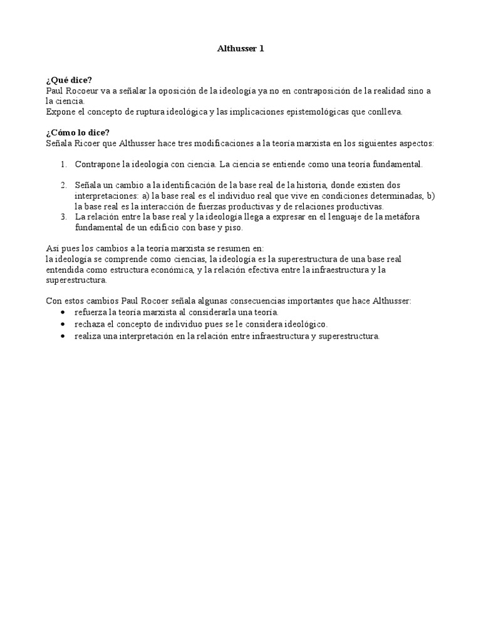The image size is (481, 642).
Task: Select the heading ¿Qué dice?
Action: [69, 80]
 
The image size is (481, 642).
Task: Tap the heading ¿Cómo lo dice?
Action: [78, 132]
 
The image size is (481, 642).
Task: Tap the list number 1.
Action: [63, 164]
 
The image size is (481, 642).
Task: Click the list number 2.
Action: [63, 185]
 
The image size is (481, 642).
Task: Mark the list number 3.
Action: [63, 216]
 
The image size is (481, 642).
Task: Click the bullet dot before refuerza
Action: [63, 312]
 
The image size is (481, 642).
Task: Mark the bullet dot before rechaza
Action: [63, 324]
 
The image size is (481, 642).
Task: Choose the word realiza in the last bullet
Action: [88, 336]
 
